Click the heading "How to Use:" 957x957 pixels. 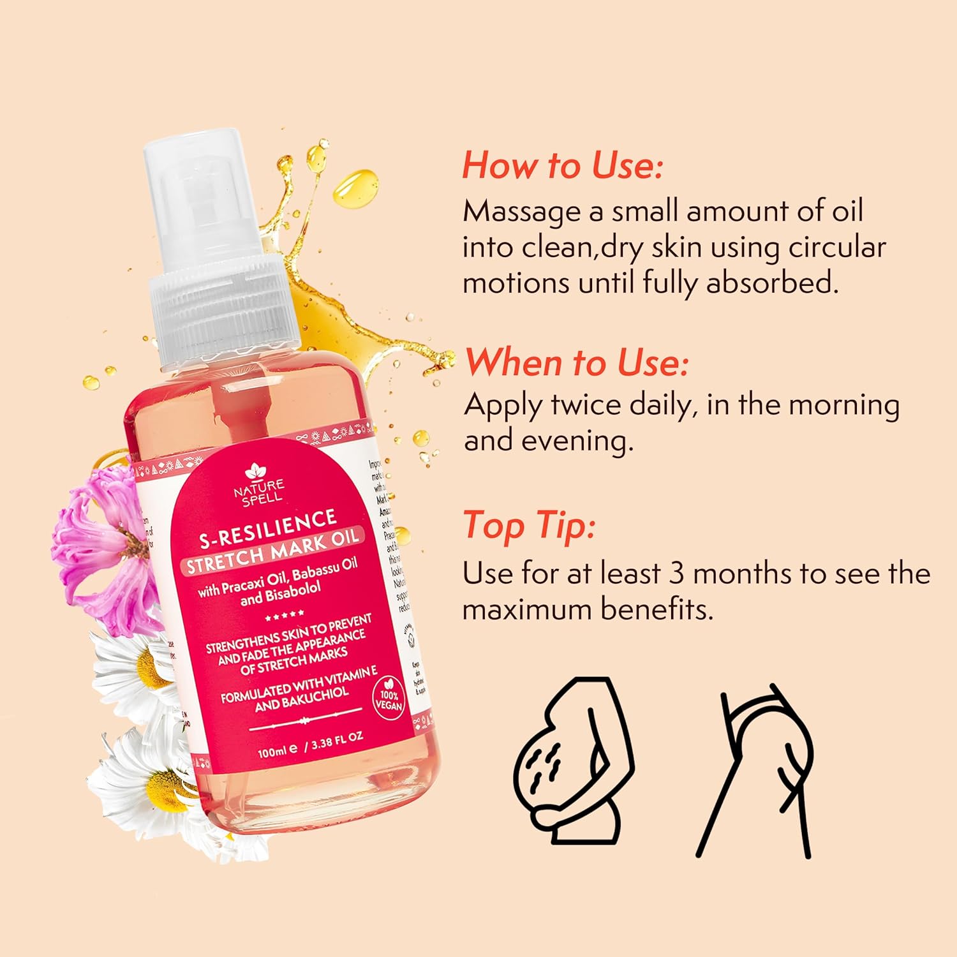click(562, 165)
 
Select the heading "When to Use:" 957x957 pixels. click(577, 363)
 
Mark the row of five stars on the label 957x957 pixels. click(285, 616)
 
